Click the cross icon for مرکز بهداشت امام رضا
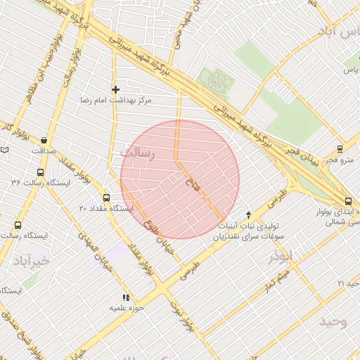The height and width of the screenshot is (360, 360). point(116,89)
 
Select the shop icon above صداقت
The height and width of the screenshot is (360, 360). point(44,140)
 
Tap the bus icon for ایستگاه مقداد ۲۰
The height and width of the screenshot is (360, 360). point(107,198)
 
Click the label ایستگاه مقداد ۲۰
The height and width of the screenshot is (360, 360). point(106,209)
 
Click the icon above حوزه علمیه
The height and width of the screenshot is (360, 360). point(127,297)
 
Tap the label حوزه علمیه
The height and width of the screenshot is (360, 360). point(127,308)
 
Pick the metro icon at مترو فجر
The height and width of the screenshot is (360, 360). point(340,148)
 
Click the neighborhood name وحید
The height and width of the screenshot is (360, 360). point(333,321)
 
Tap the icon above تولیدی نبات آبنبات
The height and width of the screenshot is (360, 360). point(248,214)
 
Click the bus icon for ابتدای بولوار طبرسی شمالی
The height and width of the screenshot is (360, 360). point(348,200)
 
